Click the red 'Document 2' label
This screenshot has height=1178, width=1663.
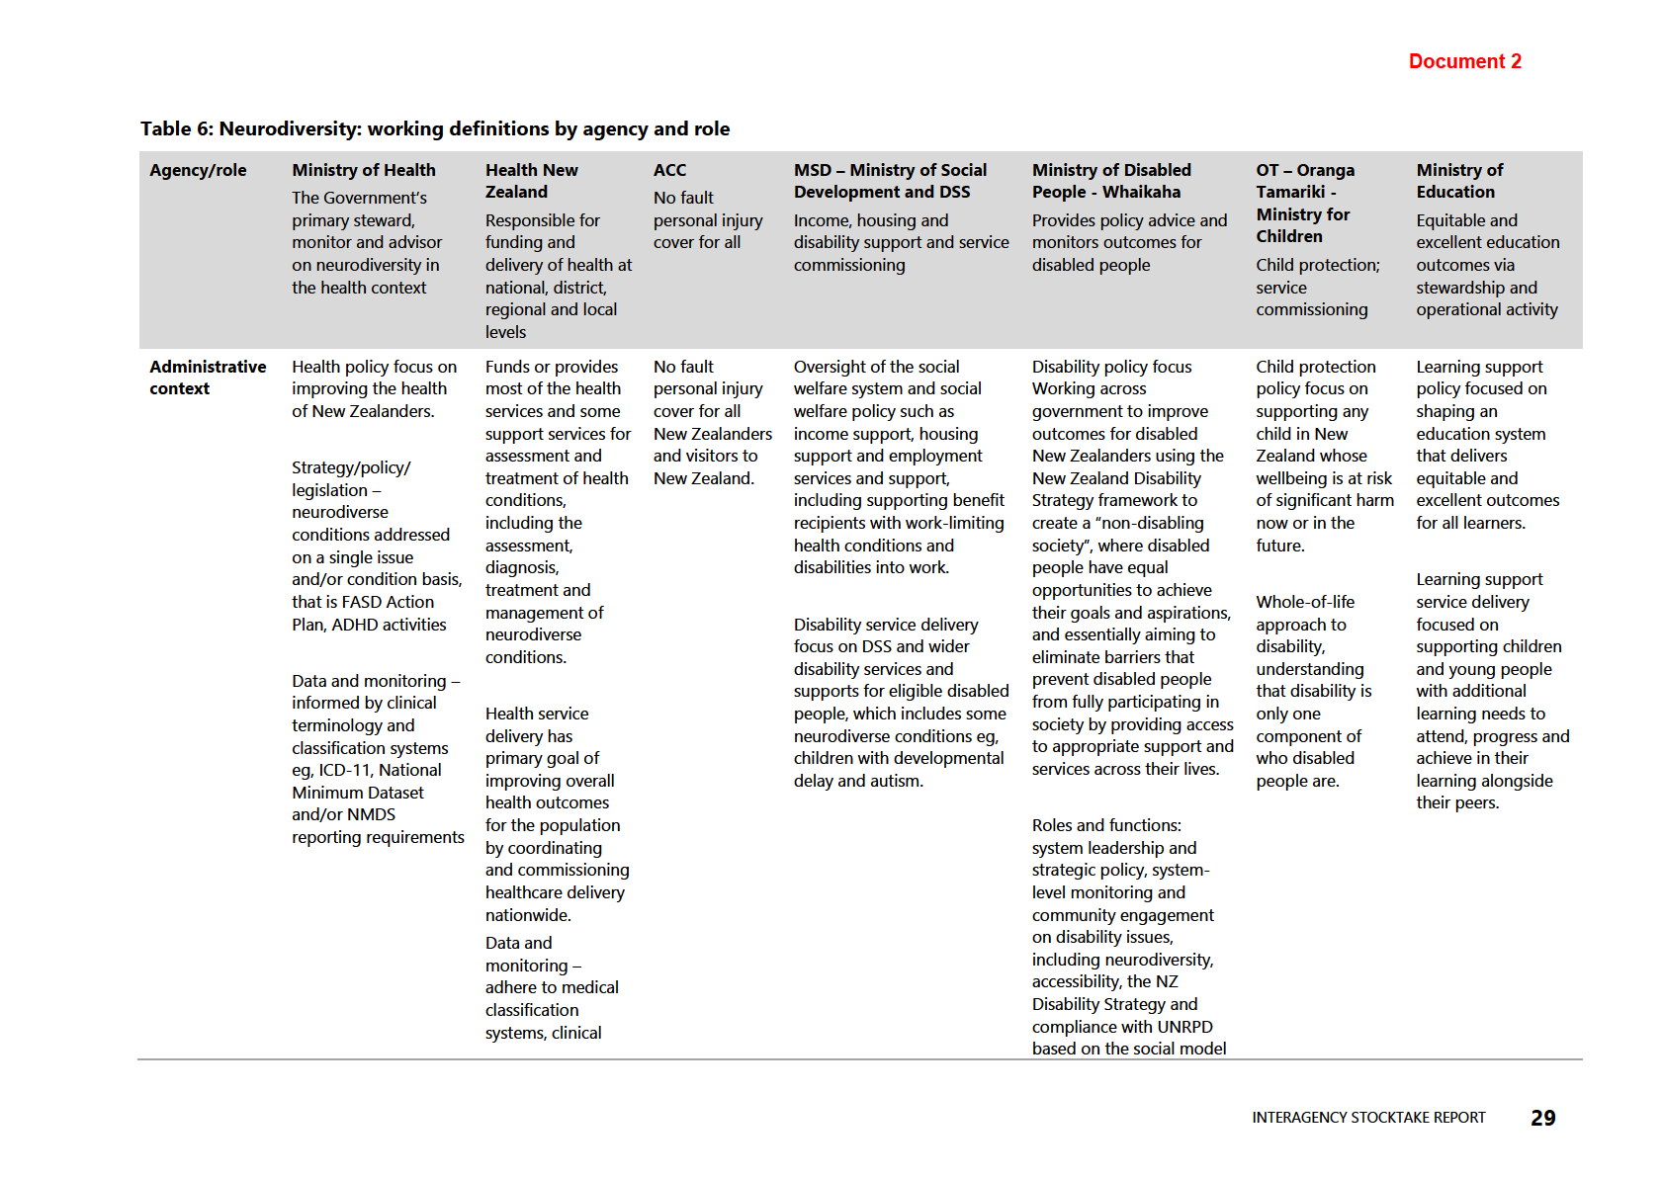(x=1464, y=61)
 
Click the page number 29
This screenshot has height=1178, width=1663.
(x=1542, y=1118)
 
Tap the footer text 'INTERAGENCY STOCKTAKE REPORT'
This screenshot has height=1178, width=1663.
(x=1368, y=1118)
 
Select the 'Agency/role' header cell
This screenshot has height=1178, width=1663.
(x=198, y=170)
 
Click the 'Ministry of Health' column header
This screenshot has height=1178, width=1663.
(x=363, y=170)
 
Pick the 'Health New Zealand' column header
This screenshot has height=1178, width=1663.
(x=531, y=181)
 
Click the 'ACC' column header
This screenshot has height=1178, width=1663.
(x=669, y=170)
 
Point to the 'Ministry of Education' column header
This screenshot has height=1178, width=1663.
(x=1459, y=181)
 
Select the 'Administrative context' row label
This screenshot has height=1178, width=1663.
(x=208, y=378)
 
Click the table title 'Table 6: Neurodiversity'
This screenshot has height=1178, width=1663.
(x=435, y=128)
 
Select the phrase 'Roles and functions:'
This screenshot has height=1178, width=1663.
(x=1106, y=825)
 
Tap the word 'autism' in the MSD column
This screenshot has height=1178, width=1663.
(x=895, y=781)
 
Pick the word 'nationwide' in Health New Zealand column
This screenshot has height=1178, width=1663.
(x=527, y=915)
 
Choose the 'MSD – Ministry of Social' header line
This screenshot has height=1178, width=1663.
(x=890, y=170)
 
